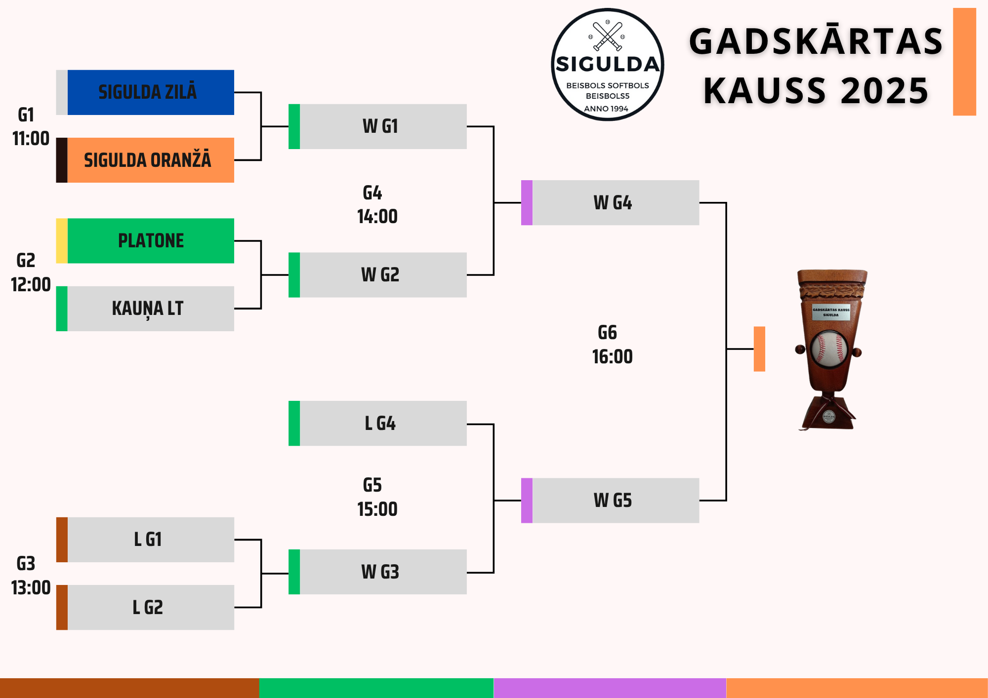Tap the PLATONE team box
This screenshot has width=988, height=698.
(x=150, y=241)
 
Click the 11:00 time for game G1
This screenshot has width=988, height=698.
(x=31, y=139)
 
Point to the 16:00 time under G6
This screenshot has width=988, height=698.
(x=613, y=356)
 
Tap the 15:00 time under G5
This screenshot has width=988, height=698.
(x=377, y=509)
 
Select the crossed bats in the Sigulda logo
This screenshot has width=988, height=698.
(x=608, y=36)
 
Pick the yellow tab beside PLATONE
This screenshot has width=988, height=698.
(x=62, y=241)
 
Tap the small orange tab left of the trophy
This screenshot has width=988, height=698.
(x=759, y=349)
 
